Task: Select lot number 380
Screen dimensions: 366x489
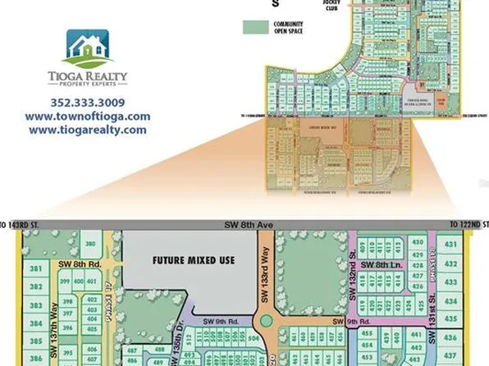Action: click(91, 245)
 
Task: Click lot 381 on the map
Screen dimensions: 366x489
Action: click(35, 269)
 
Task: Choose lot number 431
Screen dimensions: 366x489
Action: click(450, 244)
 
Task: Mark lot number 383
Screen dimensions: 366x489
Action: click(35, 304)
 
